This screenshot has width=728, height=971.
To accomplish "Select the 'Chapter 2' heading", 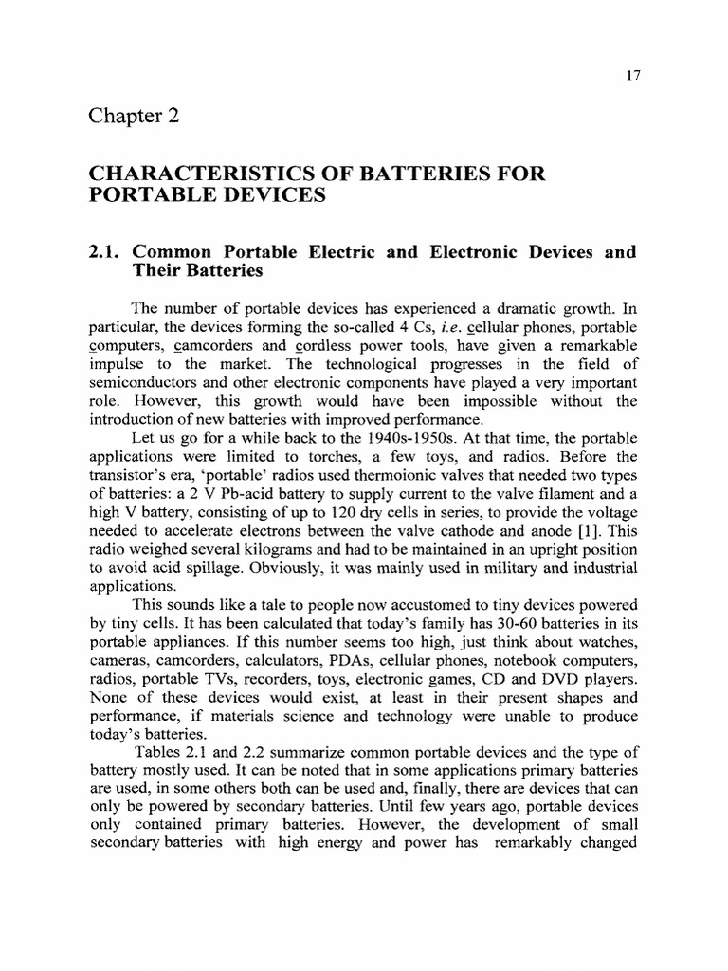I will click(134, 116).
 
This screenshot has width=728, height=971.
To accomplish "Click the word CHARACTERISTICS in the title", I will click(195, 174).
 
